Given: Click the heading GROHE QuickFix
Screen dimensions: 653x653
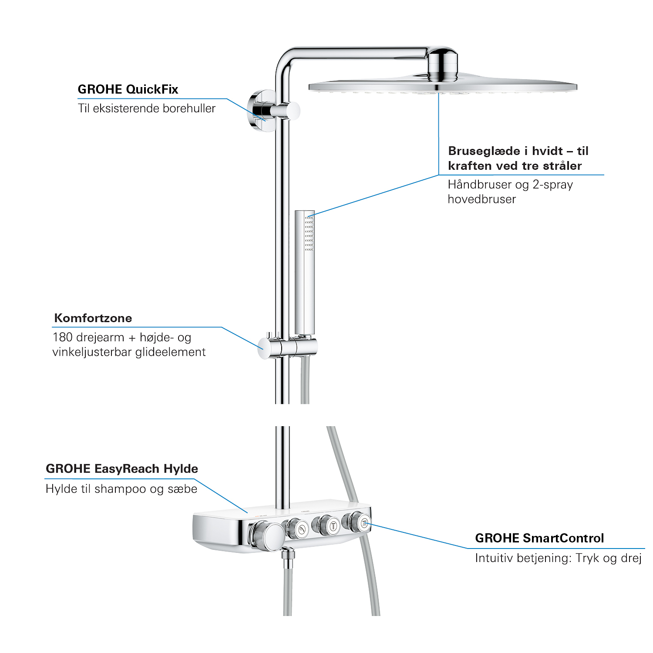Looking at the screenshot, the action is pyautogui.click(x=128, y=89).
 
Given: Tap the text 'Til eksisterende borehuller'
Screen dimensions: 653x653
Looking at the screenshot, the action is pyautogui.click(x=147, y=108).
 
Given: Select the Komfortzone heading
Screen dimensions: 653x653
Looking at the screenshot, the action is pyautogui.click(x=93, y=318).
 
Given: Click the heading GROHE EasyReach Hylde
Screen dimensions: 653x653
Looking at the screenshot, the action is pyautogui.click(x=122, y=468).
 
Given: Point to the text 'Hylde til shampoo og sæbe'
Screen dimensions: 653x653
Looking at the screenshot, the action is pyautogui.click(x=121, y=489).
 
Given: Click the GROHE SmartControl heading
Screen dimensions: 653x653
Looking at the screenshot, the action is pyautogui.click(x=539, y=538).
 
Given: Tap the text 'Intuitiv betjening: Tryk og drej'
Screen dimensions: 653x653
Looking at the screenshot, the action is pyautogui.click(x=559, y=558).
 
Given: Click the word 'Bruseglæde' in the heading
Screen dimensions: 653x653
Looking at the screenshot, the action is pyautogui.click(x=484, y=151).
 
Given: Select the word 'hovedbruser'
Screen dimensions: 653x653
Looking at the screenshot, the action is pyautogui.click(x=482, y=199).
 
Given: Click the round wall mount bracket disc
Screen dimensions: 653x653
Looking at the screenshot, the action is pyautogui.click(x=260, y=111).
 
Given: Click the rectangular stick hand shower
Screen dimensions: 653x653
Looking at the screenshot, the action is pyautogui.click(x=304, y=272).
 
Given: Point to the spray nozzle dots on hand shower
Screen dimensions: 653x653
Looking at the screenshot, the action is pyautogui.click(x=309, y=233).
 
